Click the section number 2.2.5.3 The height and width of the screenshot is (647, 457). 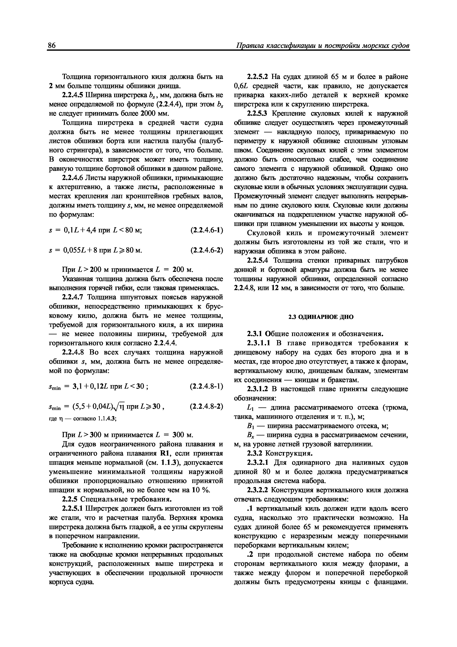(258, 114)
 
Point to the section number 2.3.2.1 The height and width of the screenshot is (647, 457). (258, 462)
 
